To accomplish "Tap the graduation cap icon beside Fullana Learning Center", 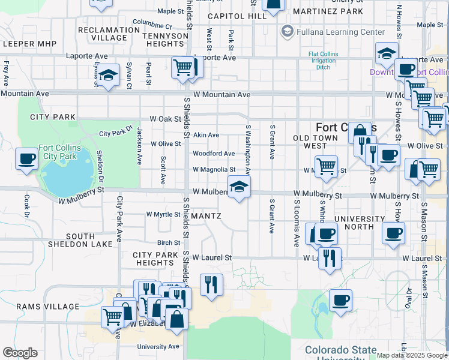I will pyautogui.click(x=287, y=31).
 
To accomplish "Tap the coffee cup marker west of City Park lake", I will pyautogui.click(x=26, y=160).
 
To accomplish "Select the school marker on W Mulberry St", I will pyautogui.click(x=239, y=187).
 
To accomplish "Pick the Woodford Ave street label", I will pyautogui.click(x=213, y=154).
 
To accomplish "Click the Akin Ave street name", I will pyautogui.click(x=205, y=135).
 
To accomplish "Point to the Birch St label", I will pyautogui.click(x=169, y=243).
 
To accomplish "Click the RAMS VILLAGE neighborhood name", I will pyautogui.click(x=40, y=307).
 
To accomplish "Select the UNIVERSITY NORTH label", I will pyautogui.click(x=360, y=223).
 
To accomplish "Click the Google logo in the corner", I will pyautogui.click(x=20, y=353).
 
